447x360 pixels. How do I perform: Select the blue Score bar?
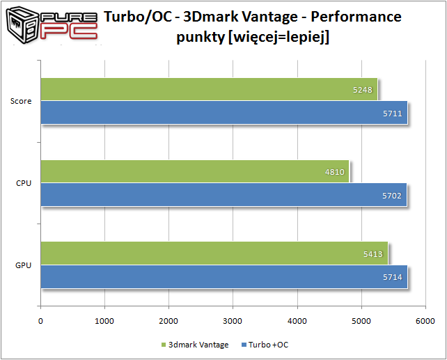(223, 113)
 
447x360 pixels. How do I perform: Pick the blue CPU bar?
(223, 195)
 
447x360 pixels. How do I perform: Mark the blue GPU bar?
(223, 276)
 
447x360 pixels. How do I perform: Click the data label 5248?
(363, 90)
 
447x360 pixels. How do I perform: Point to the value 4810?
(334, 171)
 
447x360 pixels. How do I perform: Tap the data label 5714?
(393, 276)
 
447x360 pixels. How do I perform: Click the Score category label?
(21, 102)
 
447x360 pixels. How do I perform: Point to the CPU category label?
(23, 183)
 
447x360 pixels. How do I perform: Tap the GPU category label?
(23, 265)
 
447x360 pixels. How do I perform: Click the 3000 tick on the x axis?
(233, 320)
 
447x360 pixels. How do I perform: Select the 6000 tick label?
(425, 320)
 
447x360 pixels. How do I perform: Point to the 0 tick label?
(40, 320)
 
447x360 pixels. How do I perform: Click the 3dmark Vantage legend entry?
(198, 345)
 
